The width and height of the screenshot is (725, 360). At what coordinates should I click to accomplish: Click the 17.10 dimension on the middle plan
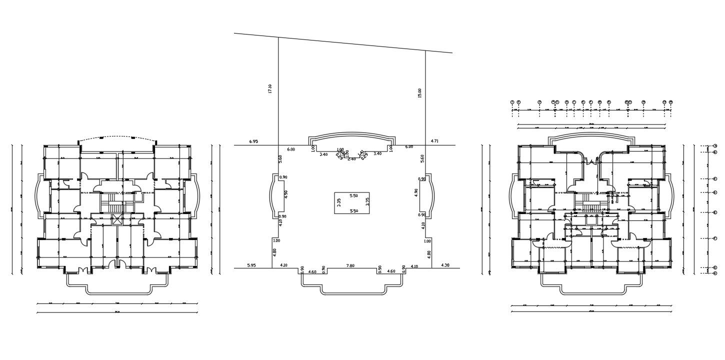pyautogui.click(x=270, y=89)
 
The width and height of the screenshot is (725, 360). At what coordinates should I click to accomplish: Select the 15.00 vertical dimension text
pyautogui.click(x=419, y=93)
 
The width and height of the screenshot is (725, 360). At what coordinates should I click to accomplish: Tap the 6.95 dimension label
pyautogui.click(x=253, y=142)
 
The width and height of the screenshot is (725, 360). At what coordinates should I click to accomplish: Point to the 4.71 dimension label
pyautogui.click(x=434, y=141)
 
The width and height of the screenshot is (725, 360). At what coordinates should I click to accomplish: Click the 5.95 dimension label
pyautogui.click(x=252, y=265)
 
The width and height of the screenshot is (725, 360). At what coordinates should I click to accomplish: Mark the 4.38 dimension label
pyautogui.click(x=445, y=265)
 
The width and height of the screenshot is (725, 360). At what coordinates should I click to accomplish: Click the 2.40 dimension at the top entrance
pyautogui.click(x=351, y=159)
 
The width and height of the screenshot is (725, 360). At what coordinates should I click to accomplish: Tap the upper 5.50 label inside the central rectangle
pyautogui.click(x=353, y=195)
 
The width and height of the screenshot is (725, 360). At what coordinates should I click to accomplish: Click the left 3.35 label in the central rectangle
pyautogui.click(x=339, y=202)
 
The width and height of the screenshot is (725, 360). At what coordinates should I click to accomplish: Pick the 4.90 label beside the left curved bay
pyautogui.click(x=285, y=194)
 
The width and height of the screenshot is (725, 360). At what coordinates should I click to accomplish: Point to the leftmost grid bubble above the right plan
pyautogui.click(x=512, y=102)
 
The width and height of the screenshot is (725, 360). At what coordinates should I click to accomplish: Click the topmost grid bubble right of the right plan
pyautogui.click(x=715, y=146)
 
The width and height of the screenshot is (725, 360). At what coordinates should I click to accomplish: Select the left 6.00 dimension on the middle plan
pyautogui.click(x=290, y=149)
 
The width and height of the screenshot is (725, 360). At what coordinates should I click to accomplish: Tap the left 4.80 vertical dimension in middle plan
pyautogui.click(x=274, y=253)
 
